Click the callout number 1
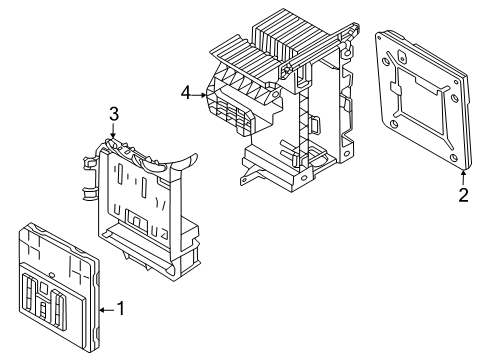tap(121, 308)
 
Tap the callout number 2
tap(464, 195)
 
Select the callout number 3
tap(114, 114)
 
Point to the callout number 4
tap(186, 93)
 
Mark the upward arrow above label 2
tap(463, 177)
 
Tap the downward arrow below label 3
tap(113, 130)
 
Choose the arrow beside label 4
tap(199, 95)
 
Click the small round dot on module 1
tap(51, 274)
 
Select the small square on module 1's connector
tap(44, 286)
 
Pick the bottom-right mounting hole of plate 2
tap(453, 158)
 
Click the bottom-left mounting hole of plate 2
tap(394, 124)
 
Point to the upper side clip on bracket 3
tap(89, 162)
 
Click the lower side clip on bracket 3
tap(89, 194)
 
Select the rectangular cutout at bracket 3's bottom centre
tap(136, 220)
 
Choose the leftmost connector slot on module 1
tap(28, 294)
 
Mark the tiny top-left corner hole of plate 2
tap(384, 62)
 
